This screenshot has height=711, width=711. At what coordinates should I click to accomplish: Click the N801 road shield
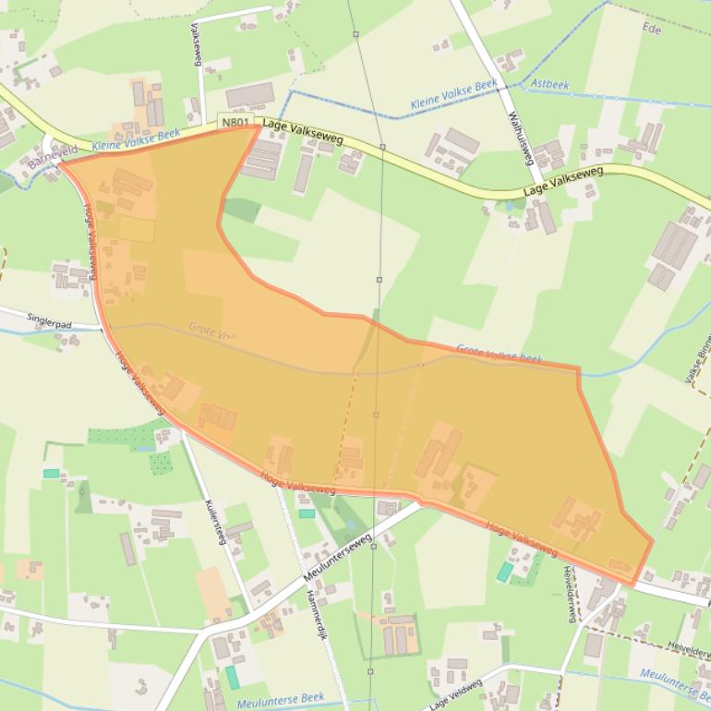coord(235,121)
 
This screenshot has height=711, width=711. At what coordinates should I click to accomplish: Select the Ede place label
coord(653,29)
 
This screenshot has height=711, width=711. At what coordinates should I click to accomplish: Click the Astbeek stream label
coord(550,85)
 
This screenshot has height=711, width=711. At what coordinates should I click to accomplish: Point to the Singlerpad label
coord(49,320)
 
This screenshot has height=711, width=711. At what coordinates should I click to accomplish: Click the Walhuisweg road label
coord(522,137)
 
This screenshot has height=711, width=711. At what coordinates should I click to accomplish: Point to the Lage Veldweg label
coord(456,694)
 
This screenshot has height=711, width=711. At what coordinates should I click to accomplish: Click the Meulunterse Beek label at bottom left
coord(281,703)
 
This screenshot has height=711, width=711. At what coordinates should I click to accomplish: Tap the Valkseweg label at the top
coord(196,43)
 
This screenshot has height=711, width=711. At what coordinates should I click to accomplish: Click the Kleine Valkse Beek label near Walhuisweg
coord(453,95)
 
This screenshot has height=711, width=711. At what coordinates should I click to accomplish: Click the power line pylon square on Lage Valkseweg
coord(382,147)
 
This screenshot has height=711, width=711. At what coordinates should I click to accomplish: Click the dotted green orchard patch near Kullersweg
coord(161,462)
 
